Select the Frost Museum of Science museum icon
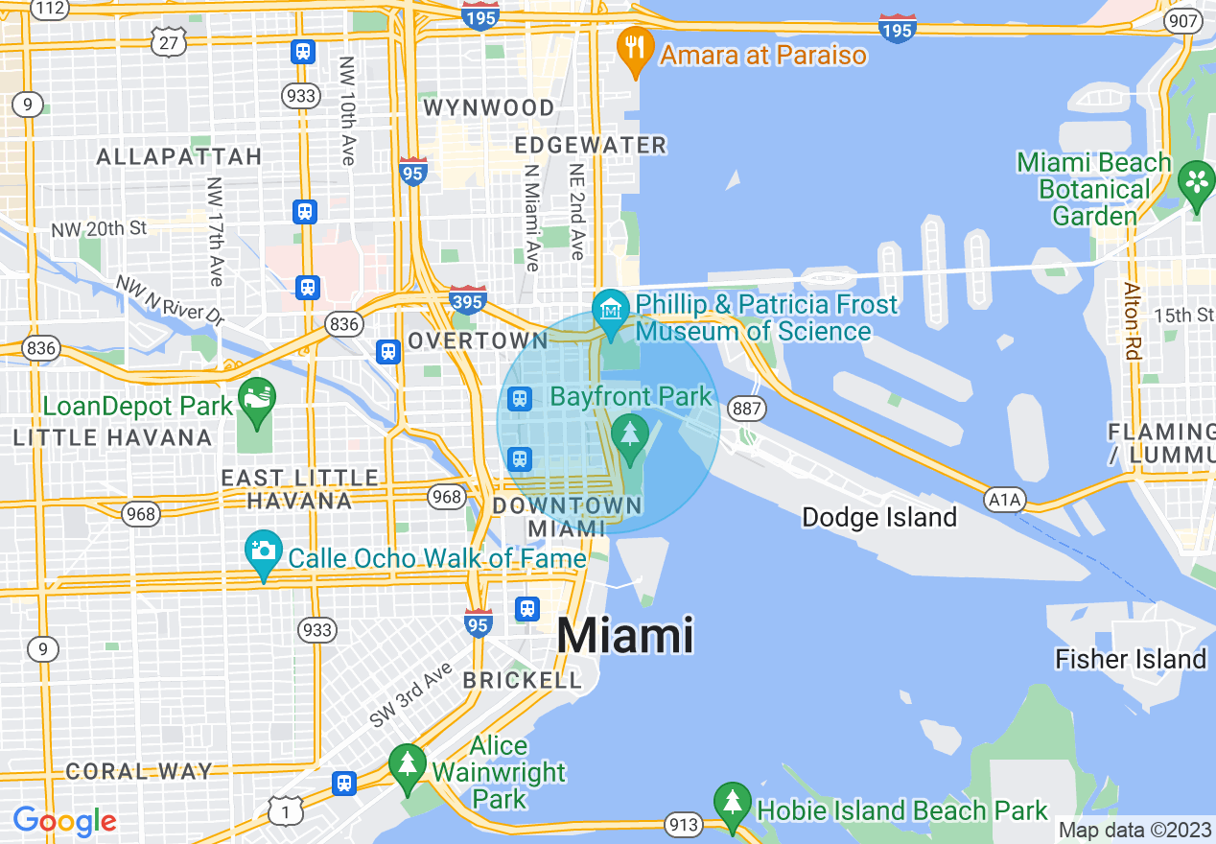610,310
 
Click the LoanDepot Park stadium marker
257,396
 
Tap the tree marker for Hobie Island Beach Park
733,802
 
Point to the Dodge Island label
878,518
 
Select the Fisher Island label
1130,659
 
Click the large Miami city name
624,635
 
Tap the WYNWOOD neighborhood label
489,107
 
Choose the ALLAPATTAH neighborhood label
179,156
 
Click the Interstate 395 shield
467,301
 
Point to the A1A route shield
1004,499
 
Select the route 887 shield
746,408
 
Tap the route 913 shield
685,825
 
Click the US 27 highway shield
169,41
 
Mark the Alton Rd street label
1134,321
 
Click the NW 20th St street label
100,228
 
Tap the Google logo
64,821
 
